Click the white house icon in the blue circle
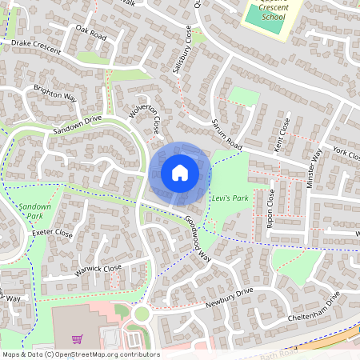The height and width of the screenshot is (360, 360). pyautogui.click(x=180, y=172)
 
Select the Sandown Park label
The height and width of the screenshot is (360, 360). pyautogui.click(x=30, y=210)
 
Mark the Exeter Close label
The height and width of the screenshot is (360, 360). pyautogui.click(x=52, y=234)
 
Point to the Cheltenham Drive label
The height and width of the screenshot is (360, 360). pyautogui.click(x=315, y=306)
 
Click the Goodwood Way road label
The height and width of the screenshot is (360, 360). pyautogui.click(x=196, y=233)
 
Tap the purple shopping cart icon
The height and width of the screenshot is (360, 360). pyautogui.click(x=77, y=339)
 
